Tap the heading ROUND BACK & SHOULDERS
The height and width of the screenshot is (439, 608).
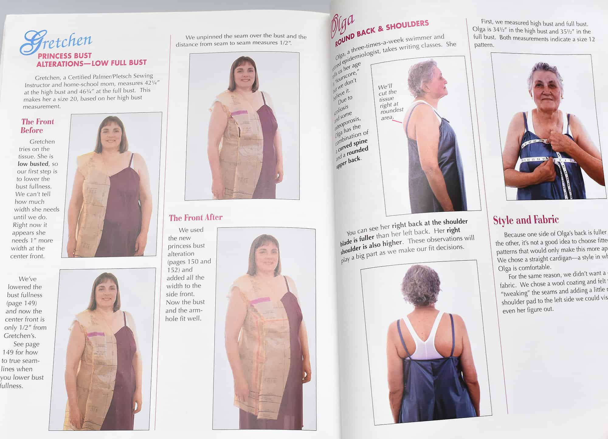click(382, 33)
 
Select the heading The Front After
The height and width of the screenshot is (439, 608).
click(196, 218)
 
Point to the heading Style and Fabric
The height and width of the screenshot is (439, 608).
click(526, 220)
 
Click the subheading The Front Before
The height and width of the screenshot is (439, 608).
click(37, 126)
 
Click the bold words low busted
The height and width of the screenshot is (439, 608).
click(33, 164)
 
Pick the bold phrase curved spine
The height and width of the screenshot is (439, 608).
click(353, 145)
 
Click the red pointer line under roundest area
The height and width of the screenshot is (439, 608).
click(397, 121)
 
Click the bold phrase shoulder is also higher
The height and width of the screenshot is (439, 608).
click(371, 246)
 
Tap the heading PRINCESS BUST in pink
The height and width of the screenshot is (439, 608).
click(64, 56)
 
